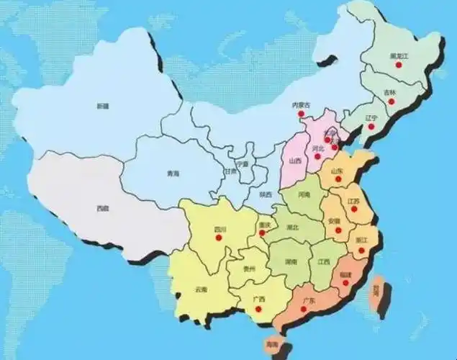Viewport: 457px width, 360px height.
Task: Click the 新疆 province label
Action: point(102,106)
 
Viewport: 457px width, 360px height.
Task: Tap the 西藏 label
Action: point(102,208)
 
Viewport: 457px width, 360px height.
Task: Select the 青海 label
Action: point(172,174)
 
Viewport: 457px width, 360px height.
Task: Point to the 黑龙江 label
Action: point(398,55)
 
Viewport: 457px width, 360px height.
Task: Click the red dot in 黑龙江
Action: point(397,66)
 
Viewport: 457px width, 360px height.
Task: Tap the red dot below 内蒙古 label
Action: point(300,113)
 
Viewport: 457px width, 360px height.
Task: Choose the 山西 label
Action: point(294,161)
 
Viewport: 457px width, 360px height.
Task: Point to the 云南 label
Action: point(200,289)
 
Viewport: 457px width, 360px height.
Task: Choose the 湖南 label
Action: point(291,261)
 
